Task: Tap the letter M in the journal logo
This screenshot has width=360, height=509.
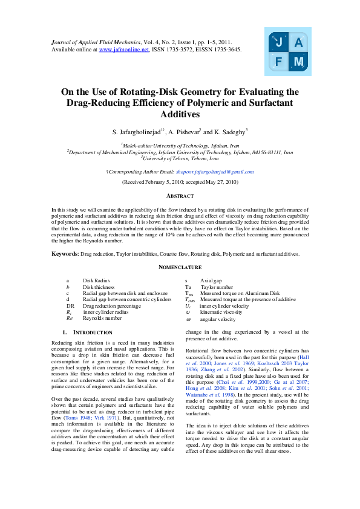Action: tap(298, 62)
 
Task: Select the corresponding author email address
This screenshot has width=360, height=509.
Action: tap(220, 172)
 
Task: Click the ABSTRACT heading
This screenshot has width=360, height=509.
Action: tap(180, 196)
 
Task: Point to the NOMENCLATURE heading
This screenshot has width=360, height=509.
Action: tap(180, 267)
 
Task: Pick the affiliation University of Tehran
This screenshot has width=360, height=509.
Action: tap(180, 158)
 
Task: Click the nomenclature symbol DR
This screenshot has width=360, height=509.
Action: tap(70, 306)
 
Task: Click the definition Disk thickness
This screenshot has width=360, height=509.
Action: tap(97, 287)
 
